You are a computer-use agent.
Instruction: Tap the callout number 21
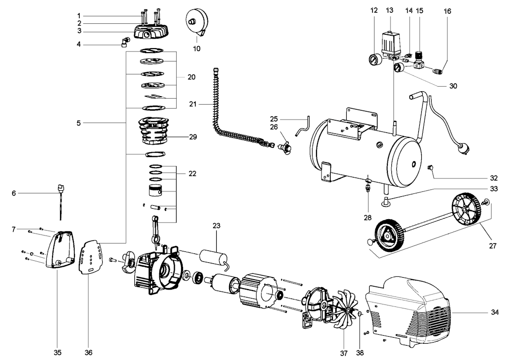[x=193, y=104]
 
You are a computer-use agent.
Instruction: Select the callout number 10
[x=196, y=49]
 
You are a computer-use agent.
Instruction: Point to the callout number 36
[x=88, y=352]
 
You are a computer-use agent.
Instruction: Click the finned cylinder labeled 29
[x=154, y=131]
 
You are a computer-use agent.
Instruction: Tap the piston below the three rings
[x=155, y=190]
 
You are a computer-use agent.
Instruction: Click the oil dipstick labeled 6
[x=61, y=202]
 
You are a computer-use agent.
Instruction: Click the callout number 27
[x=493, y=246]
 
